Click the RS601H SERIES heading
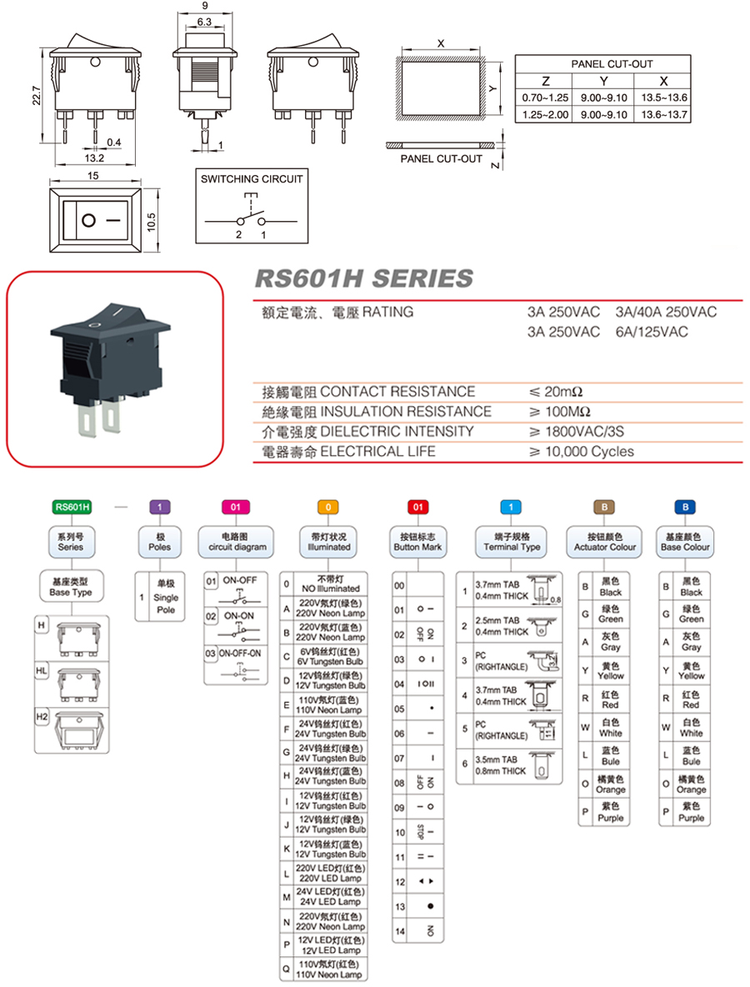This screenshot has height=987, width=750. (362, 278)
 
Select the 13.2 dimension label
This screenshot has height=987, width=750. (94, 158)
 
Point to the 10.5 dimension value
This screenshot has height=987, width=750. (152, 219)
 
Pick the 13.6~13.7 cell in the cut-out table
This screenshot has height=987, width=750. (663, 114)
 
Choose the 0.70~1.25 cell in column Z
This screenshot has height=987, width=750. (544, 98)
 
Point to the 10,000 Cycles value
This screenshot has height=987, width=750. (580, 452)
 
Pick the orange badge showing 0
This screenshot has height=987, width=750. (328, 506)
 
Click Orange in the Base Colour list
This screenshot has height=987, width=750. (691, 784)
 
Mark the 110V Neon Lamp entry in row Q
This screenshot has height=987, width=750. (330, 969)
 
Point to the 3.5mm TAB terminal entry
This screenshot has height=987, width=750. (501, 765)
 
